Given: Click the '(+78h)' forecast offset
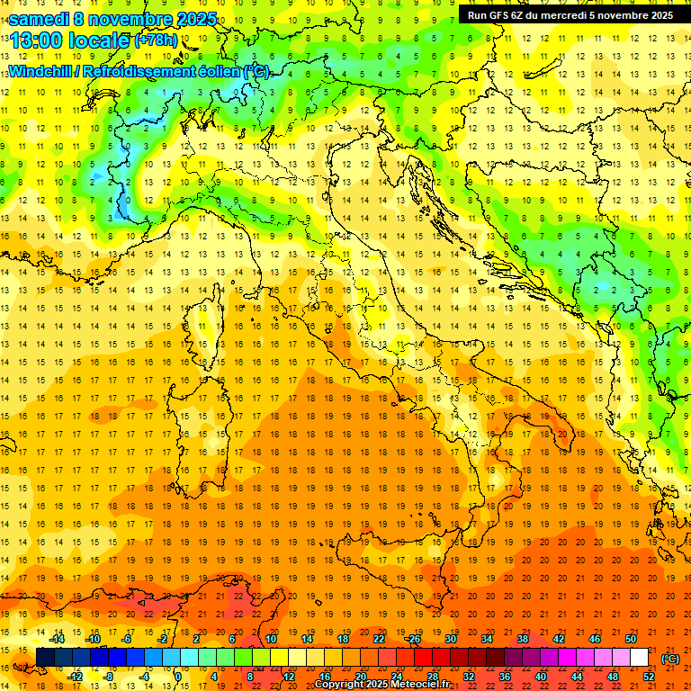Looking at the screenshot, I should pos(157,40).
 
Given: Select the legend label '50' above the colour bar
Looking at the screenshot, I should pos(630,638).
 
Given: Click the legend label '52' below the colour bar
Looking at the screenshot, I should pos(648,676).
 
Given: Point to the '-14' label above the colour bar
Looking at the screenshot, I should pos(58,638).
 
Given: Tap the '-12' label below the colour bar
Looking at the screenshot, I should pos(76,676).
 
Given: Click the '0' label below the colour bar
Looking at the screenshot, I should pos(177,676).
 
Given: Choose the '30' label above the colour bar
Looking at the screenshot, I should pos(450,638).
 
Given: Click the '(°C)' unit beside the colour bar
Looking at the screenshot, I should pos(669,658).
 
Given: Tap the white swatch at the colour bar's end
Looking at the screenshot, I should pos(639,657).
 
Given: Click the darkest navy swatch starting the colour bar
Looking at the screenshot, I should pos(45,657).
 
